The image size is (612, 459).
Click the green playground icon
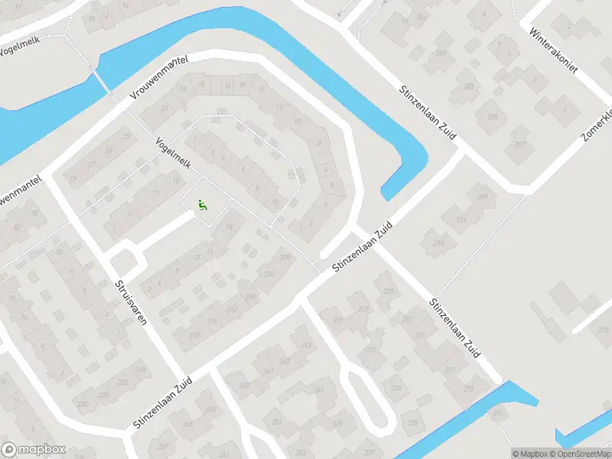[x=203, y=204]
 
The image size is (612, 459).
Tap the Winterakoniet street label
[x=553, y=47]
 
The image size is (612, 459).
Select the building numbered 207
[x=520, y=144]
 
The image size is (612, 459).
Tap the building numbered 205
[x=492, y=116]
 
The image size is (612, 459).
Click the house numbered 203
[x=468, y=86]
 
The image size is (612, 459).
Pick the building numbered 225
[x=389, y=291]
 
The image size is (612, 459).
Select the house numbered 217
[x=450, y=369]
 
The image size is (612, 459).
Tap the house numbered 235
[x=413, y=422]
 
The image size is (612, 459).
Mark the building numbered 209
[x=481, y=197]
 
